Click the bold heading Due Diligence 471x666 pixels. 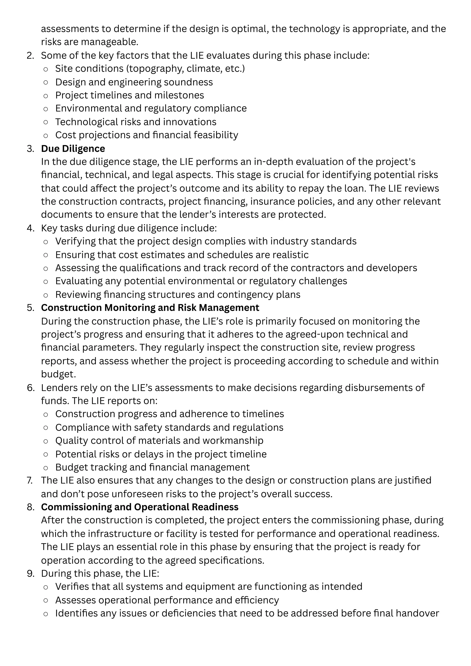[x=73, y=149]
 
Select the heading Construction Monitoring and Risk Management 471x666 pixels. [x=150, y=308]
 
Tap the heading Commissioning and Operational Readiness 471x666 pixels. [x=140, y=507]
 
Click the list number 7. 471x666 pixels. [x=30, y=480]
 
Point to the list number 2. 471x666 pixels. [x=30, y=55]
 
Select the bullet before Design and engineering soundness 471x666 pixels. [x=46, y=82]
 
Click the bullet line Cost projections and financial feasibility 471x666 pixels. [x=146, y=135]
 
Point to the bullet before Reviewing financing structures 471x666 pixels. [x=46, y=295]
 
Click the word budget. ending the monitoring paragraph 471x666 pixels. [x=58, y=374]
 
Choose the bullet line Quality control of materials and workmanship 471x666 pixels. [x=159, y=441]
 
